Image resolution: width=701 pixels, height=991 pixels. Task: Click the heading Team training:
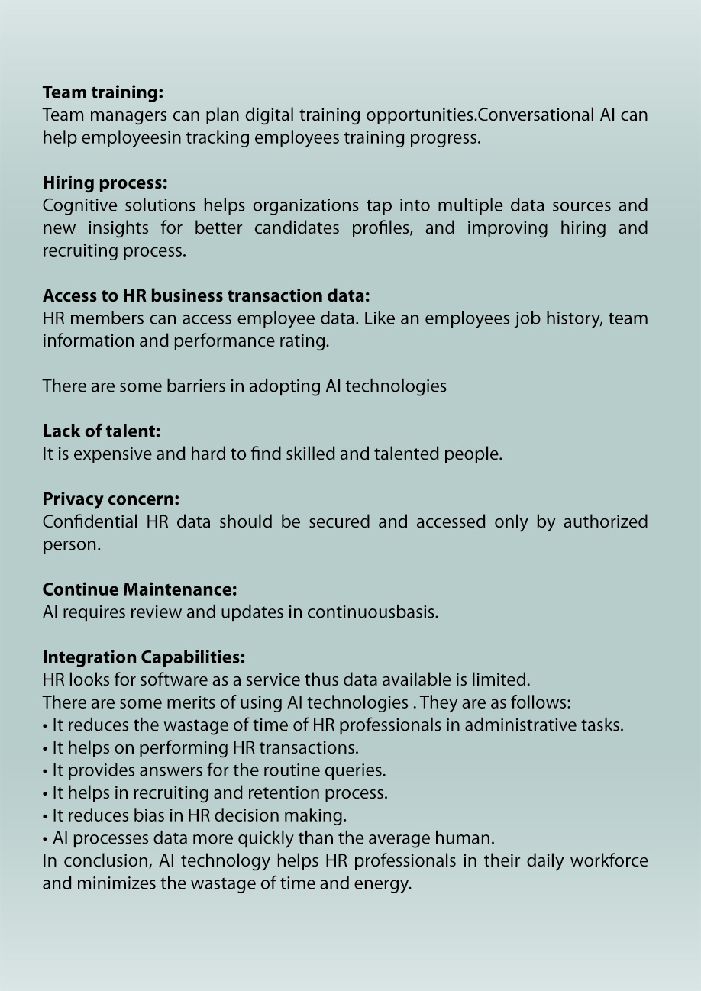tap(103, 93)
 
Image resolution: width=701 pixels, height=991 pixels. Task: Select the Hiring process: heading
tap(105, 183)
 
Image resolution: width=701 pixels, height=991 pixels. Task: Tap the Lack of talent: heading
tap(102, 431)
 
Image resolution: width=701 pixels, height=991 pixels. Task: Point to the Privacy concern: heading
tap(111, 499)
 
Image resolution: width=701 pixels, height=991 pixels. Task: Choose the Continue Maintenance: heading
tap(140, 590)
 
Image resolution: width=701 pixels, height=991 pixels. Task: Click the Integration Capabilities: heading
tap(144, 657)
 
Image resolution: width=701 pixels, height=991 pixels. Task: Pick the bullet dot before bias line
tap(46, 816)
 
